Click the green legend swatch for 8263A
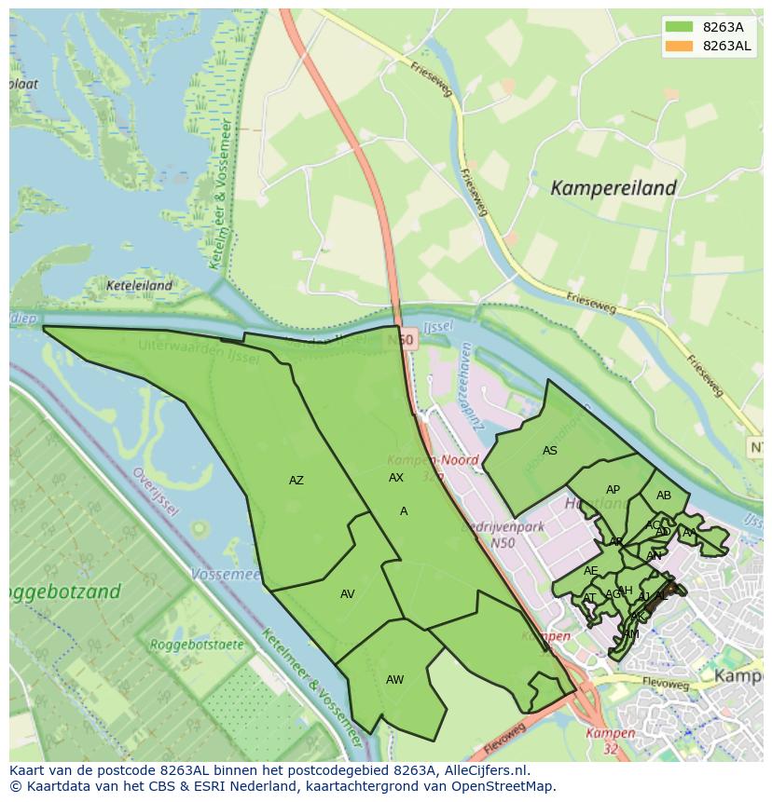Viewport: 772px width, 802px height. pos(680,27)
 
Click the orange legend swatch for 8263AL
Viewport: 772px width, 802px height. pos(680,46)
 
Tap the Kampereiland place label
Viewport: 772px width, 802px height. pos(613,188)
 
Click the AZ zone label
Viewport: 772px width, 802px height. pos(296,481)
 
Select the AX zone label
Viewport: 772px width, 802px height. pos(396,478)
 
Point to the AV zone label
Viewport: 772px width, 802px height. pos(347,594)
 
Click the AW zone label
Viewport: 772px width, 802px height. pos(394,680)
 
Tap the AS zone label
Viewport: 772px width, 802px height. pos(550,451)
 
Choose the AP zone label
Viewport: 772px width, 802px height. pos(613,490)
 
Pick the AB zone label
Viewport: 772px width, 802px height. pos(663,496)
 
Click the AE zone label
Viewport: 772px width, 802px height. pos(591,571)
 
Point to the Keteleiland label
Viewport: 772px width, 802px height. pos(140,286)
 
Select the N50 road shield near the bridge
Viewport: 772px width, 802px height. pos(401,341)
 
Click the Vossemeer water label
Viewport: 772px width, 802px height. pos(225,575)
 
